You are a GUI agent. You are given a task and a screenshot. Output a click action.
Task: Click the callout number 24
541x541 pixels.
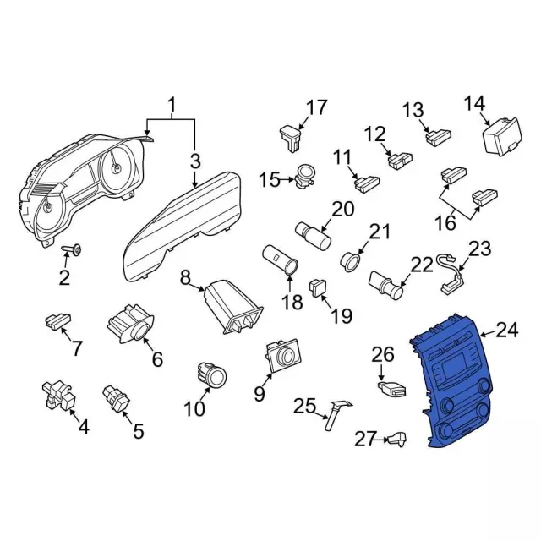coord(507,331)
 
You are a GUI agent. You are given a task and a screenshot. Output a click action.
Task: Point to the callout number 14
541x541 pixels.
coord(475,103)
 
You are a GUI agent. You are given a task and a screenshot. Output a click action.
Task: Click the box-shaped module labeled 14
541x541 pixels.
coord(501,135)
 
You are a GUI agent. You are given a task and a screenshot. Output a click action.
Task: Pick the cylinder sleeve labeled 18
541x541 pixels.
coord(281,260)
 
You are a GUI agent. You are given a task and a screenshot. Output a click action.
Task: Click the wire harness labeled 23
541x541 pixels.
coord(451,274)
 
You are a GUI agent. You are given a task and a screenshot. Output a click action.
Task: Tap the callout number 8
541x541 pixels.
coord(185,278)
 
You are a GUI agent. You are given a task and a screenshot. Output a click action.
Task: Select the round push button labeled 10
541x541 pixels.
coord(211,374)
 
